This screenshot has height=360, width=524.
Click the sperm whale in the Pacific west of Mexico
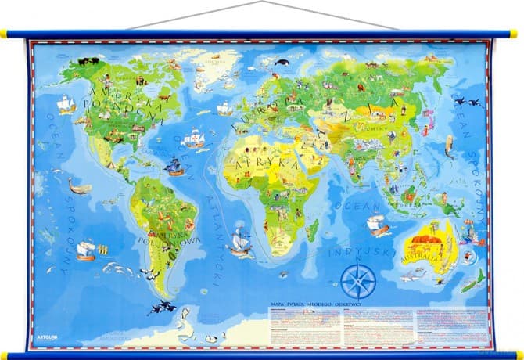[x=79, y=186]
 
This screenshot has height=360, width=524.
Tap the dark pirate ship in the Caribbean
[x=174, y=166]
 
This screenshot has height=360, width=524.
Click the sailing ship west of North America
[x=66, y=103]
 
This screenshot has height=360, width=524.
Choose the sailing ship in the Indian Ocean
[x=378, y=225]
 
